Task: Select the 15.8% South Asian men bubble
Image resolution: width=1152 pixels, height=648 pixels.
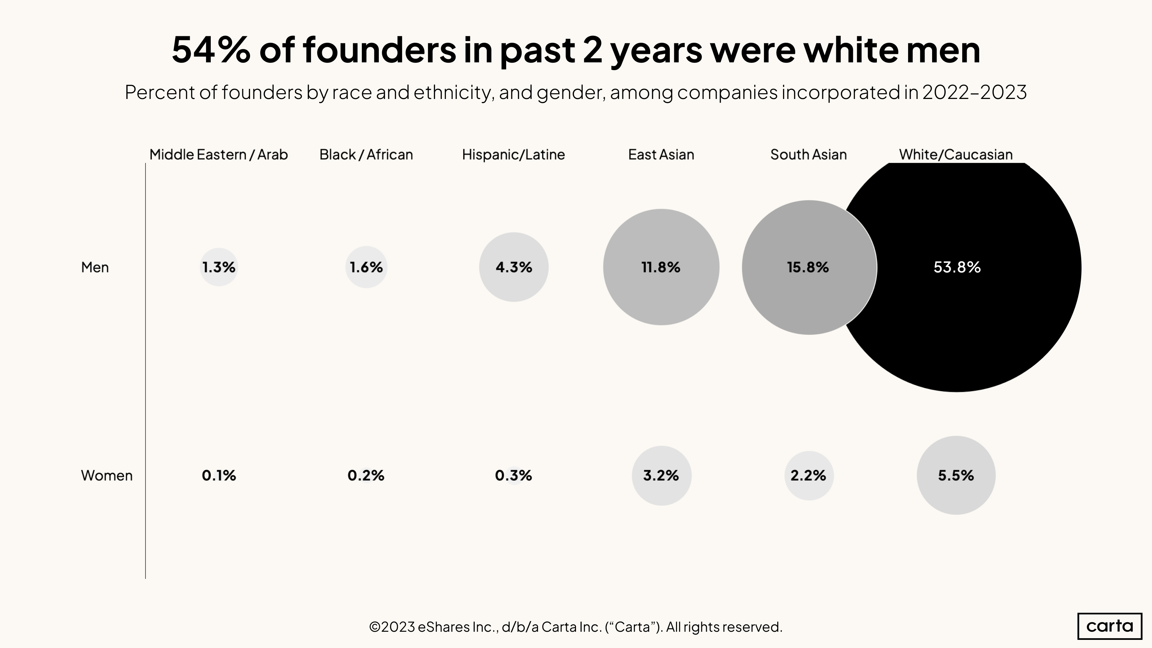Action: [x=808, y=267]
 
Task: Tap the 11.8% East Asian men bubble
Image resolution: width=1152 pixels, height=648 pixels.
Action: [x=661, y=267]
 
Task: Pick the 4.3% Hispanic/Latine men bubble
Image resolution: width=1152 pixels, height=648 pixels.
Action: [x=513, y=267]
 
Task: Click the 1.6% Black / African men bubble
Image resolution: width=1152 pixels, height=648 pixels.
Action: [x=366, y=267]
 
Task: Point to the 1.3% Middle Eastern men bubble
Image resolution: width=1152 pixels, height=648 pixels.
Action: [x=219, y=267]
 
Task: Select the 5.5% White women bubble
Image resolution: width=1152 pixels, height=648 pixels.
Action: [x=956, y=475]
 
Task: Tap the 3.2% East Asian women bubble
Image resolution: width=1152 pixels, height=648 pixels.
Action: [x=661, y=475]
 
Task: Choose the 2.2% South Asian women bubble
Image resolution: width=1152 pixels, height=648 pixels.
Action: [x=808, y=475]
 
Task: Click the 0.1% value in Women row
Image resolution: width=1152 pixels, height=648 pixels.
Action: [x=219, y=475]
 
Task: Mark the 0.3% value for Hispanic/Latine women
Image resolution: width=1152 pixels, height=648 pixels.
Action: [x=513, y=475]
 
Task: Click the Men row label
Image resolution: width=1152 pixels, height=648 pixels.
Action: [x=95, y=267]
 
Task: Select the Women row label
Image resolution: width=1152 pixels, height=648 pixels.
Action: [x=106, y=475]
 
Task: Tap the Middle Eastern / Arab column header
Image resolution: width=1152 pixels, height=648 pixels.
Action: [x=218, y=155]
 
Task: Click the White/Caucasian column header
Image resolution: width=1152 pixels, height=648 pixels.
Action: [x=956, y=155]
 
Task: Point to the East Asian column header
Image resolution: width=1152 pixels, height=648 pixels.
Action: [x=661, y=155]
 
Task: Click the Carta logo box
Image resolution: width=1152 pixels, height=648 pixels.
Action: [x=1110, y=626]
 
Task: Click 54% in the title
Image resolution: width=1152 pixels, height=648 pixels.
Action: [x=211, y=50]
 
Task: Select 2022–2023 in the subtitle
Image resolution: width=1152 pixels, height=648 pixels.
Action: [x=974, y=93]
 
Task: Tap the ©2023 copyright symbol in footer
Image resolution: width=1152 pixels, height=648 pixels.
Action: [x=375, y=627]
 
